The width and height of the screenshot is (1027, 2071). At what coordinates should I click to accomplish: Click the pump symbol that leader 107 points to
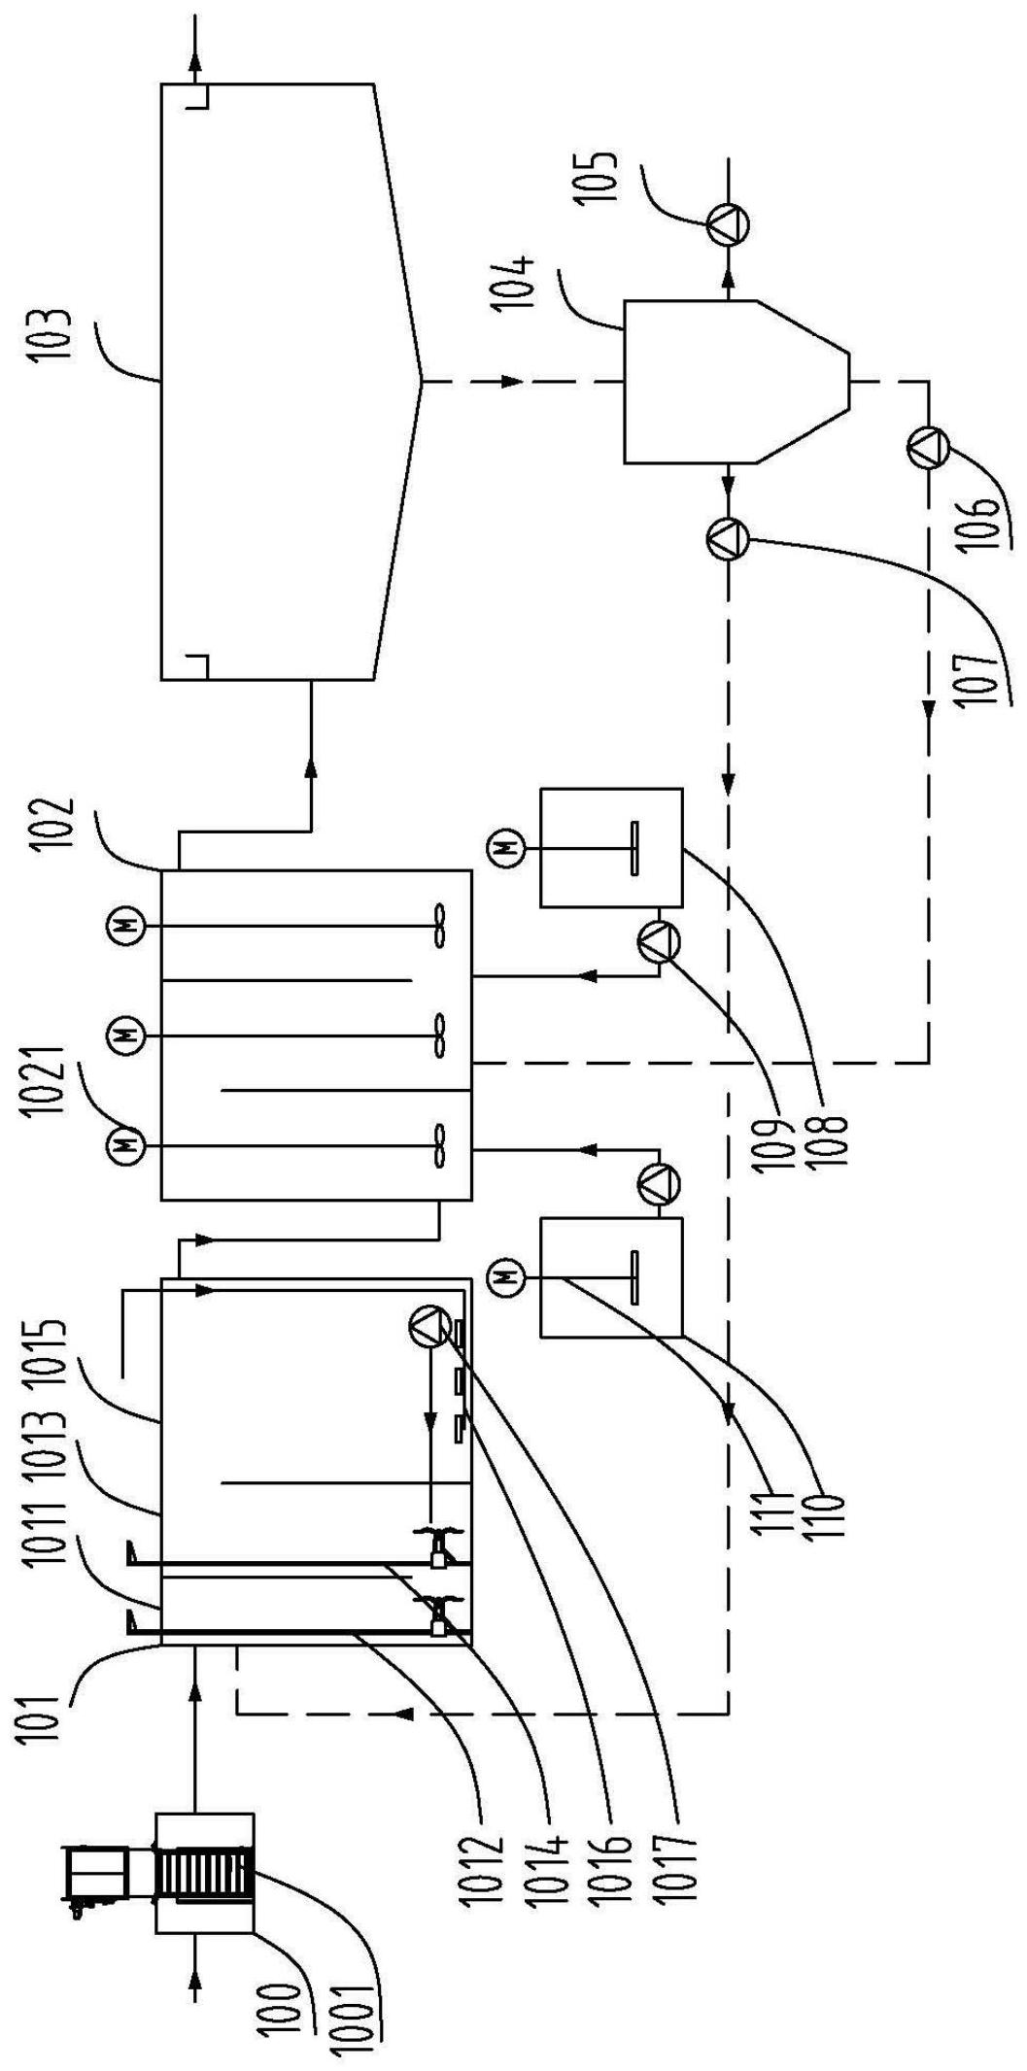728,537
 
